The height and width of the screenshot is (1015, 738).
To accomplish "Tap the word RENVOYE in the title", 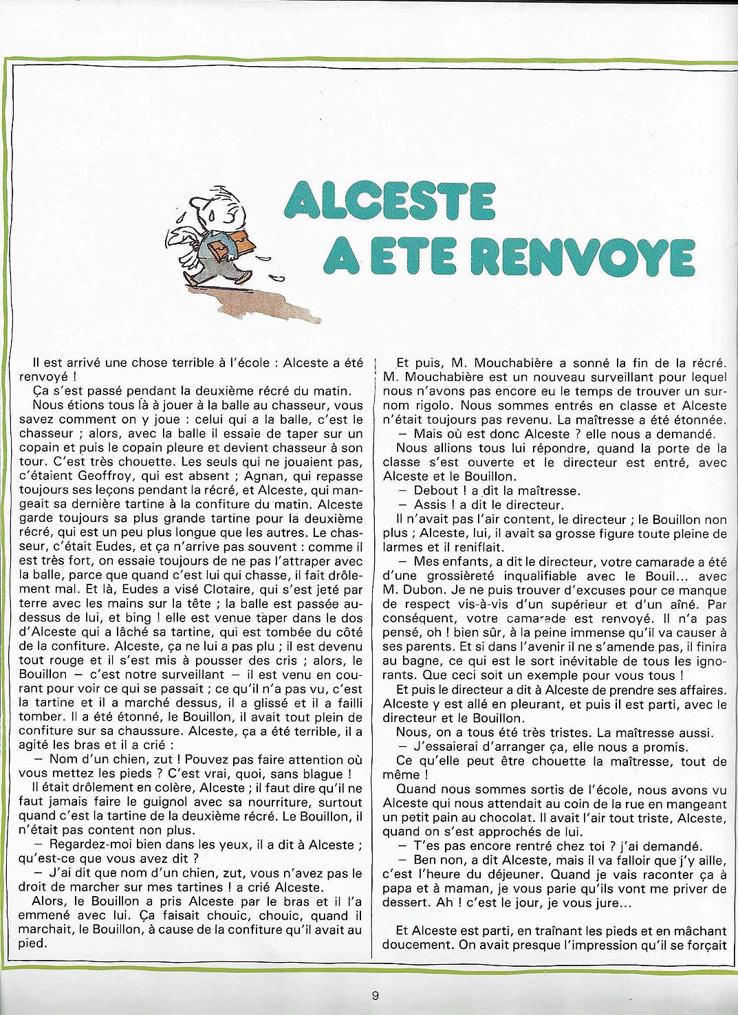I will (x=575, y=258).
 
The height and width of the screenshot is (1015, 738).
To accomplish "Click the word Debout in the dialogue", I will (x=435, y=491).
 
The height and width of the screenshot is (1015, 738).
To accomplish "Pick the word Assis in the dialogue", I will (x=431, y=505).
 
